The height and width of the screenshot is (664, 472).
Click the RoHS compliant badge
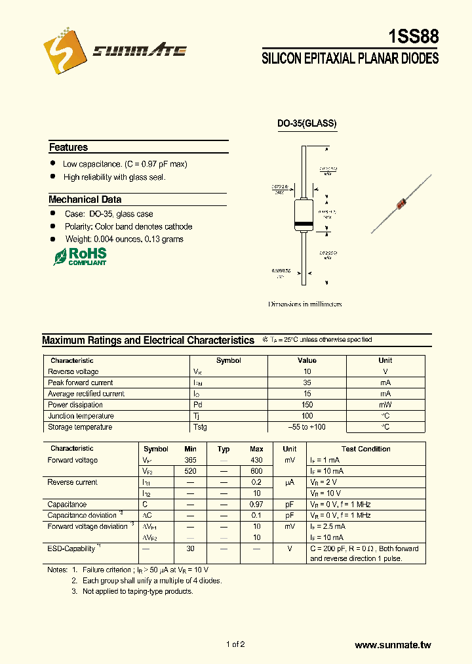click(x=79, y=257)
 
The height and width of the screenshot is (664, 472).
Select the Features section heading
click(x=68, y=148)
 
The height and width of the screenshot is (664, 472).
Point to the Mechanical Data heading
click(x=85, y=199)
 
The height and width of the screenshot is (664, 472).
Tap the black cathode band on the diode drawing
click(x=304, y=225)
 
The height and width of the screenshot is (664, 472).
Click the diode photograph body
click(x=401, y=205)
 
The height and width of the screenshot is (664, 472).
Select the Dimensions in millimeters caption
click(x=305, y=304)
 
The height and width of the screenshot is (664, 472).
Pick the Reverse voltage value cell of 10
click(x=307, y=371)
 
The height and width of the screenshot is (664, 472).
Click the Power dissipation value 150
click(x=307, y=405)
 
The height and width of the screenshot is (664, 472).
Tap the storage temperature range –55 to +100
click(x=307, y=427)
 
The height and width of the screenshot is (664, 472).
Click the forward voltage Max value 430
click(x=256, y=460)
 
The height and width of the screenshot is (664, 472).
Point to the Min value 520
click(x=190, y=471)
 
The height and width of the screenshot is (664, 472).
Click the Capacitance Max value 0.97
click(x=256, y=505)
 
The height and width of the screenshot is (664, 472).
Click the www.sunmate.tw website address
click(x=393, y=646)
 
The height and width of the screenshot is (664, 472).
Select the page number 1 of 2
click(x=235, y=644)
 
